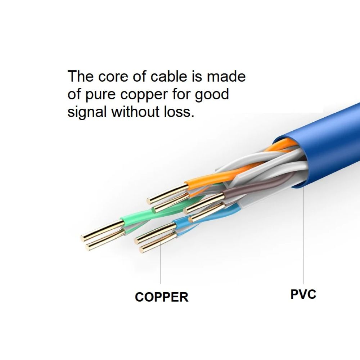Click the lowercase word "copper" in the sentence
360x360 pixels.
pyautogui.click(x=143, y=95)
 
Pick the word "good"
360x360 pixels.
pyautogui.click(x=212, y=94)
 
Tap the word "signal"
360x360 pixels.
pyautogui.click(x=87, y=112)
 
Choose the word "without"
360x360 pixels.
pyautogui.click(x=133, y=112)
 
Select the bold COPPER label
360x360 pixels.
pyautogui.click(x=162, y=297)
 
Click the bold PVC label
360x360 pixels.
pyautogui.click(x=303, y=294)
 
